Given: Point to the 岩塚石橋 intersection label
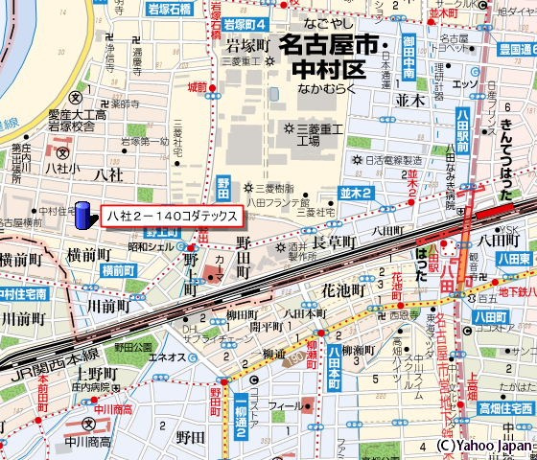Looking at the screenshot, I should coord(170,8).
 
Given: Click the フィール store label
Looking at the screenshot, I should coord(286,406).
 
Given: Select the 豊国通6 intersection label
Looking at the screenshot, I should coord(516,47).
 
